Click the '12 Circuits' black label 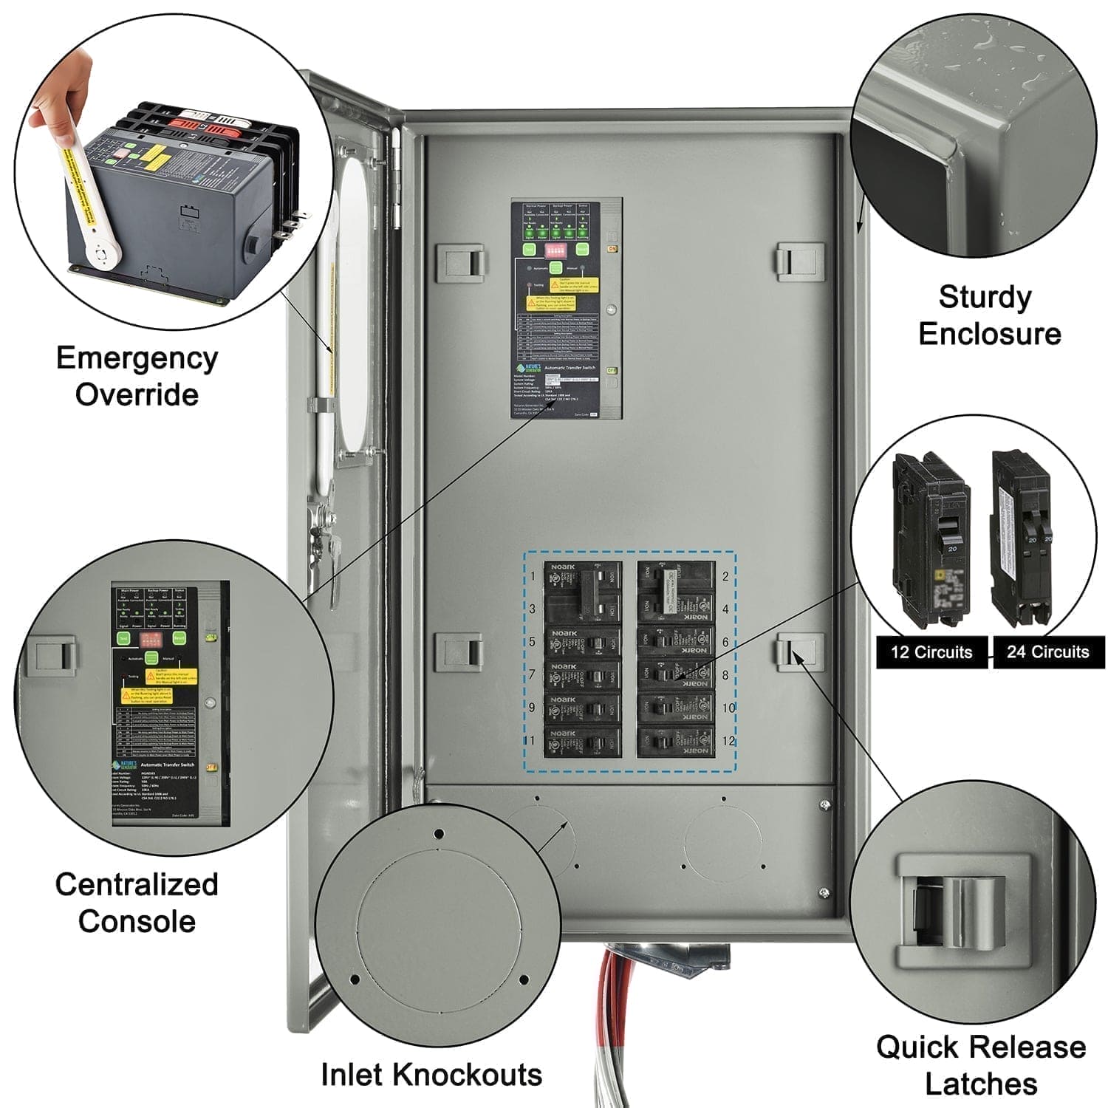coord(931,652)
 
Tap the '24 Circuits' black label coord(1047,652)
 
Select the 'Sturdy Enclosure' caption coord(988,315)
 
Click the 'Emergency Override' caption coord(137,376)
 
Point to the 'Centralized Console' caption coord(137,903)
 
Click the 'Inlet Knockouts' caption coord(431,1075)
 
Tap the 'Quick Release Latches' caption coord(981,1065)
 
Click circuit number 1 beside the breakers coord(533,577)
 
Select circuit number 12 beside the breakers coord(728,741)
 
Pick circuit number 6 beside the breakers coord(725,642)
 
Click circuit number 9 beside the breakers coord(532,708)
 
